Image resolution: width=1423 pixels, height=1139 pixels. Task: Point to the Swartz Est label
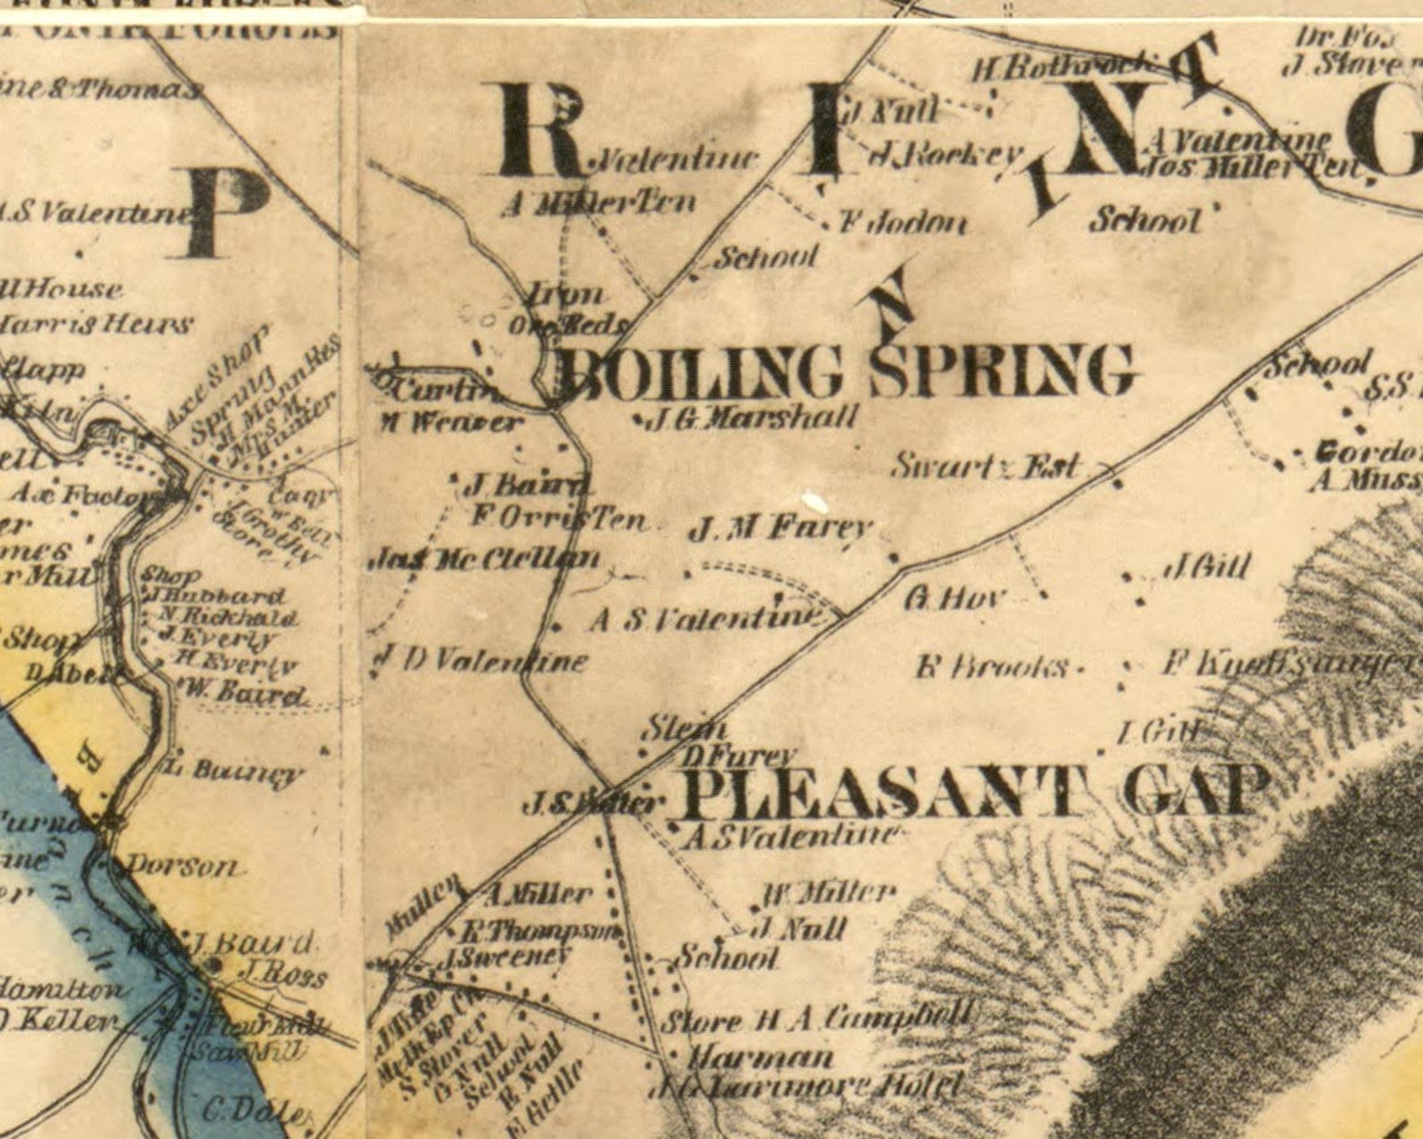coord(986,466)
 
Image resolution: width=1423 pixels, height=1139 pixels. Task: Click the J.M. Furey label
coord(780,529)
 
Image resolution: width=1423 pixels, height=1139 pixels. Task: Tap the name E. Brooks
coord(993,668)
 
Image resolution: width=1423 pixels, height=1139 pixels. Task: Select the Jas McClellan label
coord(485,560)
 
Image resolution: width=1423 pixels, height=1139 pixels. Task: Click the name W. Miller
coord(829,893)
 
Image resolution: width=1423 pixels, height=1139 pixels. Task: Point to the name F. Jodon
coord(903,222)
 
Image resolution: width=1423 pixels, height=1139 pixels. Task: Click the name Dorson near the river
coord(183,867)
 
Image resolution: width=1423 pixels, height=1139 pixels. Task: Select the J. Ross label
coord(283,975)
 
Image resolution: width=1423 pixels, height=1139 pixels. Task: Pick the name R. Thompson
coord(542,930)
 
